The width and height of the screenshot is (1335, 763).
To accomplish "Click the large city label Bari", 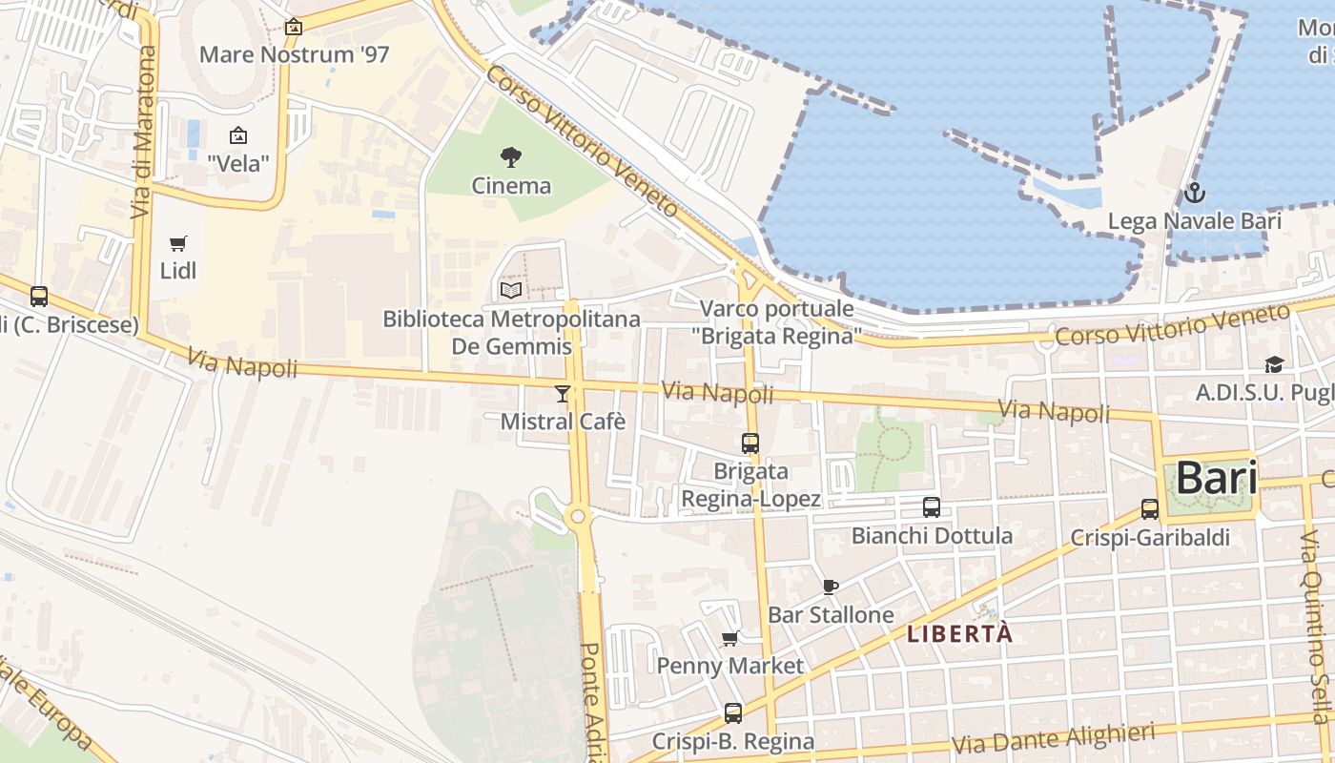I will tap(1215, 478).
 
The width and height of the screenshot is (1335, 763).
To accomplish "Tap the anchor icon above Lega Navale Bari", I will tap(1194, 194).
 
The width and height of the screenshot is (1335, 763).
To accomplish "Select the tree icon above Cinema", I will tap(511, 156).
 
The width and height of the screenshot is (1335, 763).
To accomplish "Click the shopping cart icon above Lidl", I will tap(178, 243).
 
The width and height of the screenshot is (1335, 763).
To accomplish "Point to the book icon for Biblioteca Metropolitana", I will tap(511, 290).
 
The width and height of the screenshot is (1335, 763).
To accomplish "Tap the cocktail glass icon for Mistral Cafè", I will tap(563, 393).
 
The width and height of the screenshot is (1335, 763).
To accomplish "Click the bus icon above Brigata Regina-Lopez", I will tap(750, 443).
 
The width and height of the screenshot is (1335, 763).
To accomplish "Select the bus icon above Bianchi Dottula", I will tap(932, 507).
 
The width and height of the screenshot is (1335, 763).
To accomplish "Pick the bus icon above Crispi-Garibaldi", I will tap(1150, 509).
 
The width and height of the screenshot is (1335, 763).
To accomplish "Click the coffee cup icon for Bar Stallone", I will tap(830, 587).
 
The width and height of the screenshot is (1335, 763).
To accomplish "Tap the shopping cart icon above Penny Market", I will tap(730, 638).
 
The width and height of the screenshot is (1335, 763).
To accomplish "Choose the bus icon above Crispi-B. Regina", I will tap(733, 712).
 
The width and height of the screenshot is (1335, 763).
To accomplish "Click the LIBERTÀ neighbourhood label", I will tap(958, 633).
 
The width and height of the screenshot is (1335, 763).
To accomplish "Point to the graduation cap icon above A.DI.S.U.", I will tap(1274, 364).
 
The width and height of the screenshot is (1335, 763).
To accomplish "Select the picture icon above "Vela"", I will tap(238, 135).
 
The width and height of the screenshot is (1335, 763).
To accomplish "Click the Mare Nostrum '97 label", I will tap(294, 54).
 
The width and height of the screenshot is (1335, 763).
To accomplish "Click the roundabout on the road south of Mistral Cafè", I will tap(576, 517).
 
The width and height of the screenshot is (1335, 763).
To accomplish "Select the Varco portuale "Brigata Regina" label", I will tap(776, 322).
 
